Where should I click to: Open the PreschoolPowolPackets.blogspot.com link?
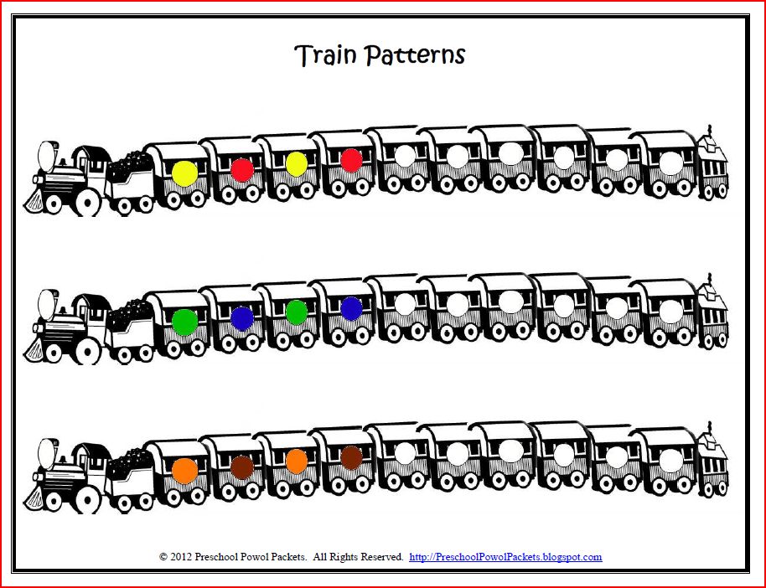[x=505, y=557]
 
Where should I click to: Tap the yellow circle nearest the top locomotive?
[x=184, y=173]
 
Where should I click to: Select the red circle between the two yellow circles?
[x=242, y=170]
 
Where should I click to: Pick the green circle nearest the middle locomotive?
[x=184, y=322]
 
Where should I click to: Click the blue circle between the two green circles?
[x=242, y=318]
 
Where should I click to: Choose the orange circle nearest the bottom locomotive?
[x=184, y=470]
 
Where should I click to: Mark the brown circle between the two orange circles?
[x=242, y=467]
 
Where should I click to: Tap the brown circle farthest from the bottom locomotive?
[x=352, y=457]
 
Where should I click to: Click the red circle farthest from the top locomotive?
[x=352, y=160]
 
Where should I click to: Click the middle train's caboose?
[x=713, y=314]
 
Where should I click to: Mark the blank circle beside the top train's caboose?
[x=671, y=163]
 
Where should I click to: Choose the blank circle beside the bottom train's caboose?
[x=671, y=460]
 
